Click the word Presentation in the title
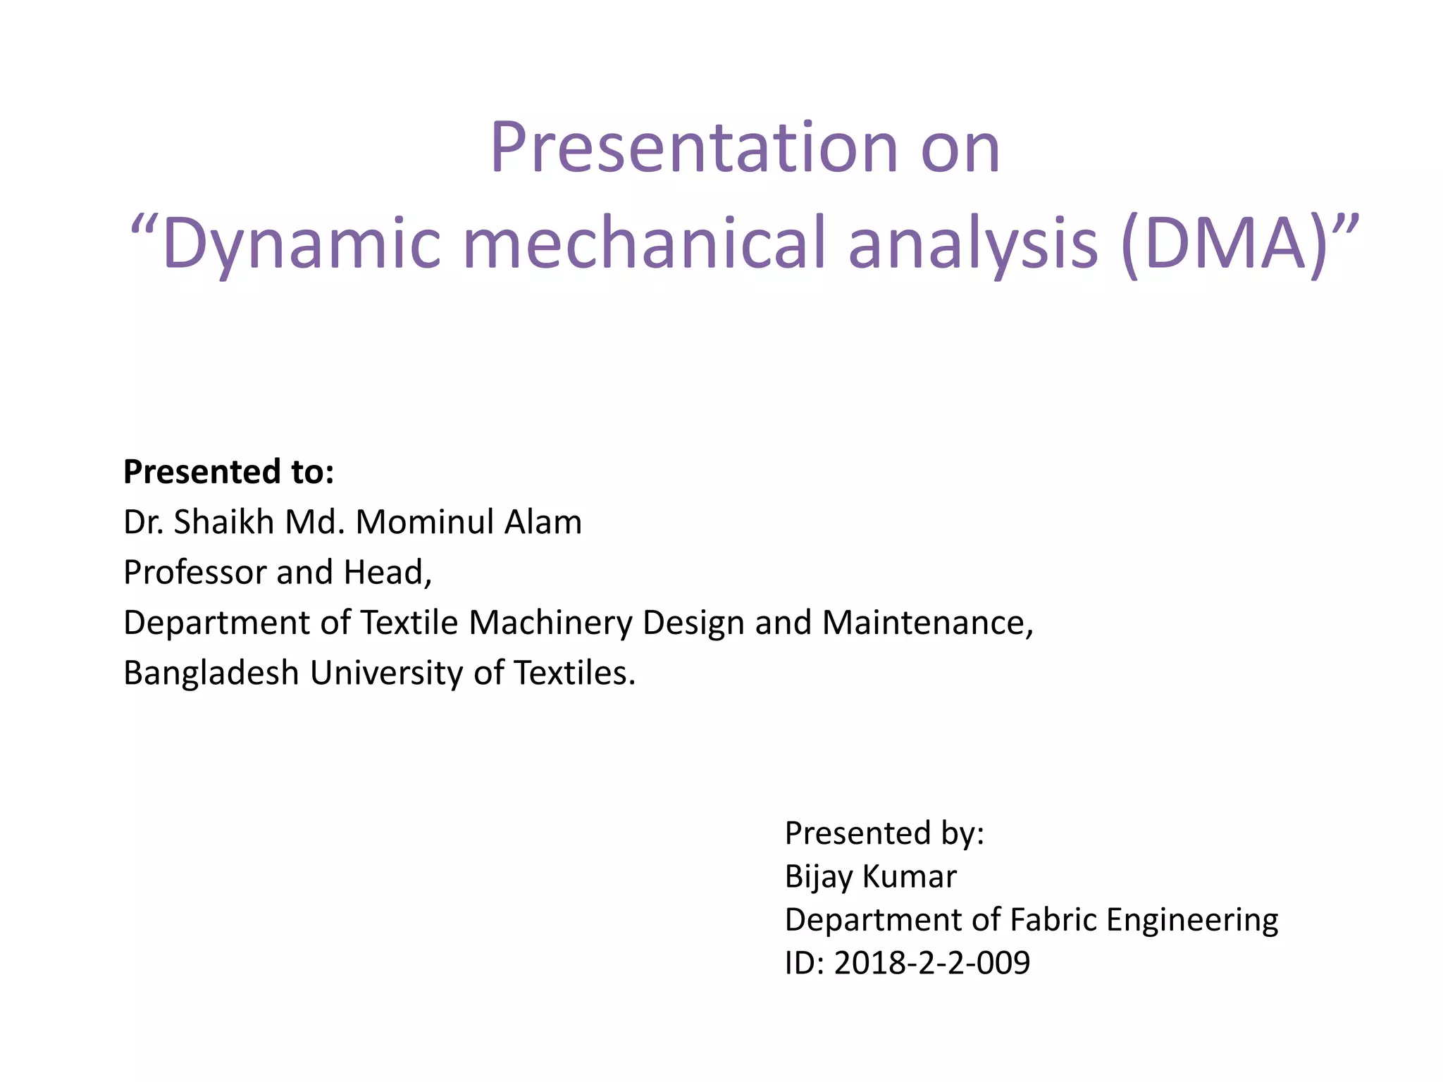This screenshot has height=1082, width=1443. [693, 148]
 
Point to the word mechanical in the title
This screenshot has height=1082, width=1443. [643, 244]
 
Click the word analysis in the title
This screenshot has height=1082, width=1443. [972, 244]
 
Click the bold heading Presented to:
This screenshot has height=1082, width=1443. [228, 472]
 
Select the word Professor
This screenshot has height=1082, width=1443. [194, 572]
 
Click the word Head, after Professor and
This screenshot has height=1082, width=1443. [388, 572]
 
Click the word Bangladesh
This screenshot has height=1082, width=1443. [211, 673]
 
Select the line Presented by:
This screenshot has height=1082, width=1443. [884, 833]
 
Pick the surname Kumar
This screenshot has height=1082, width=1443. [910, 877]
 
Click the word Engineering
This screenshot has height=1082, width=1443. [1192, 920]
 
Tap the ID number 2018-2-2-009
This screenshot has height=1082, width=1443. [931, 963]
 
